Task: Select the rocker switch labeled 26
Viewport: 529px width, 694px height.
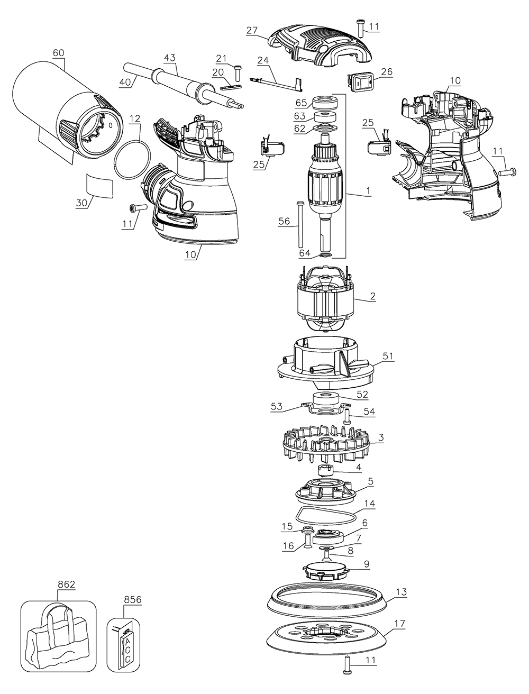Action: click(359, 80)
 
